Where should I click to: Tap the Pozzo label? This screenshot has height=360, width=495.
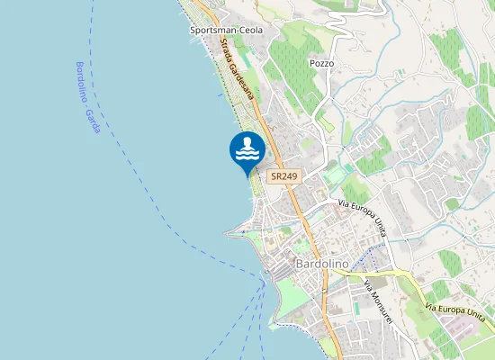coord(321,64)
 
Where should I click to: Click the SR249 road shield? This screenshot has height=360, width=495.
coord(282,177)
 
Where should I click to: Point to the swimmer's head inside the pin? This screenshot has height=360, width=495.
coord(249,142)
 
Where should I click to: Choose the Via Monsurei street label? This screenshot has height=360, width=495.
coord(378,301)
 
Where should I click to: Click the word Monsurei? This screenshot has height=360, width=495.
coord(382,306)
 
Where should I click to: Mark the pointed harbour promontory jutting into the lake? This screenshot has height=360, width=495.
coord(231,232)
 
